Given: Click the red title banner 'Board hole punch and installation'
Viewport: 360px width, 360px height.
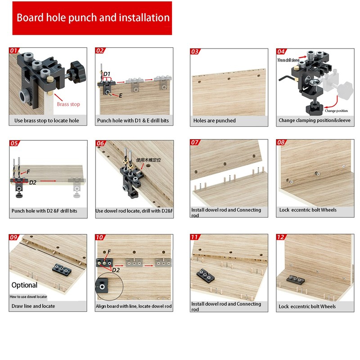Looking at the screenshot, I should tap(92, 18).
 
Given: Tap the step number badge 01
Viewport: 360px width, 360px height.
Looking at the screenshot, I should tap(14, 51).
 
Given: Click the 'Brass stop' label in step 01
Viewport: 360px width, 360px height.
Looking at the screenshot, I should tap(68, 104).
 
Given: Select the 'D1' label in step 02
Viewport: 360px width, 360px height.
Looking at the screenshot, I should tap(107, 74).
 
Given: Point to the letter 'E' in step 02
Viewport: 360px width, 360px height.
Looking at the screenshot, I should tap(121, 96).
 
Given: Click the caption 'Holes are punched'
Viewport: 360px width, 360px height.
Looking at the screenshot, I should tap(214, 121).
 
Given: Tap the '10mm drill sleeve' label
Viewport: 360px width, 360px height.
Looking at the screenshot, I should tap(288, 60).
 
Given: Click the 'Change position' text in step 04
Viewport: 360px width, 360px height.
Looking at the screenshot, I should tap(336, 111).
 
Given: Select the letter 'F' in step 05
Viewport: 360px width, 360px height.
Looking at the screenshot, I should tap(28, 172).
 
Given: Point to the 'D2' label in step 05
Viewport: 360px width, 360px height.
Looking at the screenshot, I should tap(33, 183).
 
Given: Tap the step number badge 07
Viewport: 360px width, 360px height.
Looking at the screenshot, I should tap(195, 143).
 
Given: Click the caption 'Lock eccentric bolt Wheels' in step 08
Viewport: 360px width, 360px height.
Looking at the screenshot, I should tap(307, 210).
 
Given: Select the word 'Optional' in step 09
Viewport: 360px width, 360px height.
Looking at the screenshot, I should tap(24, 285).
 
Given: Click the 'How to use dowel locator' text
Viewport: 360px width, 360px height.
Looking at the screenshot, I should tap(28, 297).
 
